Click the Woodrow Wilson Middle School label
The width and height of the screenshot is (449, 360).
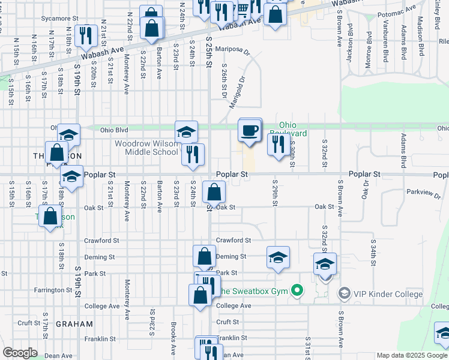(146, 148)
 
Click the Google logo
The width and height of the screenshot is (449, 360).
(20, 352)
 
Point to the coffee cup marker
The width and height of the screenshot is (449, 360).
(250, 130)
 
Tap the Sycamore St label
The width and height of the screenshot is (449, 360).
(60, 19)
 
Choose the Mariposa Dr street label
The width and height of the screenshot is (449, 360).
(232, 52)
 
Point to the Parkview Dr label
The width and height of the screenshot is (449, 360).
(423, 195)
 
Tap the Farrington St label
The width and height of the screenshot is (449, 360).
(53, 290)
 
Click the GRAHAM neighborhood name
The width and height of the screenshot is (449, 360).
(74, 324)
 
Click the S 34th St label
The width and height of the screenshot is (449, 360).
(373, 251)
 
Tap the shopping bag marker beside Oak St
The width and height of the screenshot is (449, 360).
(214, 193)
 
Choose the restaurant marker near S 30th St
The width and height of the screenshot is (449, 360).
(278, 143)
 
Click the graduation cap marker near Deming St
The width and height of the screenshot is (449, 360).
(278, 257)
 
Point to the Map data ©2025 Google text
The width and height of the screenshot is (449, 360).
(411, 355)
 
